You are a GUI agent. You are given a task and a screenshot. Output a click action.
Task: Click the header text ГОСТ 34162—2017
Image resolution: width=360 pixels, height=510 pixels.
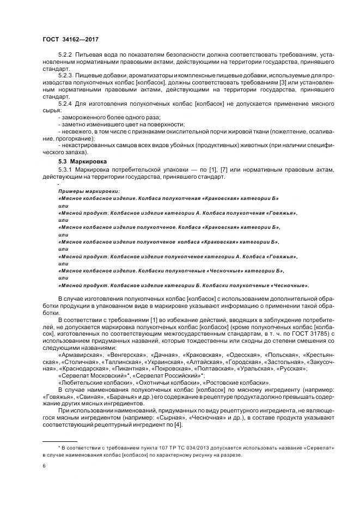[x=70, y=39]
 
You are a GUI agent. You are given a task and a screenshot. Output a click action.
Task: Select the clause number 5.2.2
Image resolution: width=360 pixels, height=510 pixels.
[x=65, y=56]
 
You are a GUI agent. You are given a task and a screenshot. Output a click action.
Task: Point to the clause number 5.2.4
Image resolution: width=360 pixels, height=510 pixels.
[x=65, y=103]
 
